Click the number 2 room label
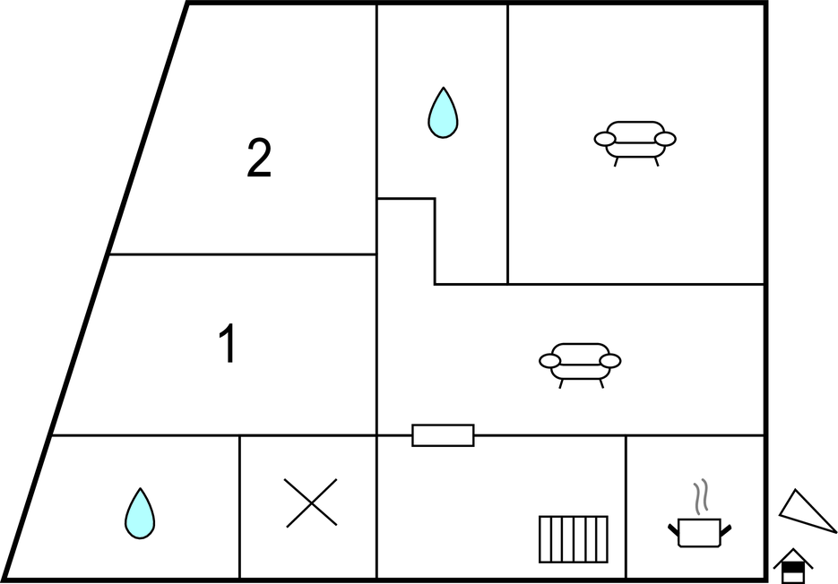tap(259, 158)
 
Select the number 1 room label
tap(229, 343)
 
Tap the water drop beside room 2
tap(443, 113)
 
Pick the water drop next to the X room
tap(140, 513)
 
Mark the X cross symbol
tap(311, 502)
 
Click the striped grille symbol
tap(574, 539)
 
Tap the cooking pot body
tap(700, 533)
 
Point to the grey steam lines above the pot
tap(701, 496)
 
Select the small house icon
tap(793, 566)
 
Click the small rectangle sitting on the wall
tap(443, 435)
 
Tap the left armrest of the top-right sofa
tap(605, 139)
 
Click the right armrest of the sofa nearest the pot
tap(610, 361)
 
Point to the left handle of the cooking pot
tap(673, 529)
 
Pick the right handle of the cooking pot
tap(726, 529)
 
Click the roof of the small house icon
tap(793, 558)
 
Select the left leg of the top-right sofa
tap(617, 162)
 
